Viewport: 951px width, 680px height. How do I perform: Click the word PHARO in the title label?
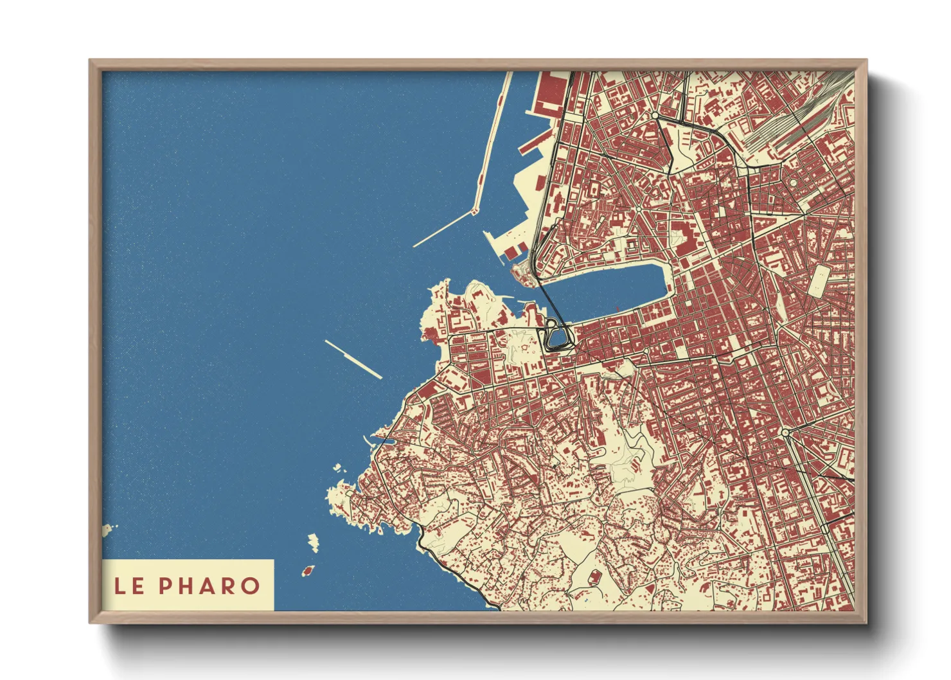point(209,586)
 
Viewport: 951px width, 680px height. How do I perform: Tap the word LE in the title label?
point(129,586)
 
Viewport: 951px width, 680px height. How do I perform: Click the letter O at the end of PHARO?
point(251,586)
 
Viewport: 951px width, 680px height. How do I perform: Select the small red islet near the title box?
point(308,570)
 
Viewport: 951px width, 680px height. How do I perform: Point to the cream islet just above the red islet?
point(313,542)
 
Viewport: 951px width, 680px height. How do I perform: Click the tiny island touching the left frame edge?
point(107,530)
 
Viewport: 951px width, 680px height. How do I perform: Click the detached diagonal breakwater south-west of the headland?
point(353,359)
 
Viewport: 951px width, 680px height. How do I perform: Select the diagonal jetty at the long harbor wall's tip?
point(443,229)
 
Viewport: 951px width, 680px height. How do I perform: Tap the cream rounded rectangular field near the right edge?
point(818,281)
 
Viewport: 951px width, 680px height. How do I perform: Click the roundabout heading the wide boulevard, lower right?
point(785,433)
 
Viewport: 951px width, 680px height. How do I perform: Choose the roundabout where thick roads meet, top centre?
point(655,116)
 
